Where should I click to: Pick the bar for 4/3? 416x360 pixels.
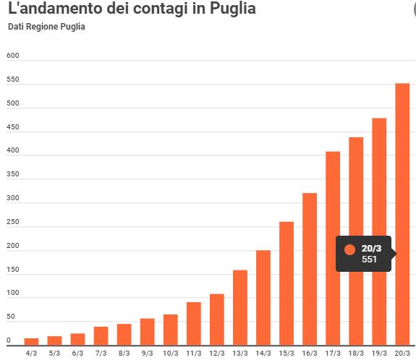pos(32,341)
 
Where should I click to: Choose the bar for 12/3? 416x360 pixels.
pos(217,319)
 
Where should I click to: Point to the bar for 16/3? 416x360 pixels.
pos(310,268)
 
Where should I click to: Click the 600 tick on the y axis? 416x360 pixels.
pos(12,56)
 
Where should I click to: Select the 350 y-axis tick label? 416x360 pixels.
pos(12,178)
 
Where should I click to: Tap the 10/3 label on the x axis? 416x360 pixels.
pos(171,353)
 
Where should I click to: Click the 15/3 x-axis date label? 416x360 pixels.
pos(286,353)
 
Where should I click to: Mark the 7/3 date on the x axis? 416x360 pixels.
pos(101,353)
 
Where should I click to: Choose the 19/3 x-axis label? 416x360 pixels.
pos(379,353)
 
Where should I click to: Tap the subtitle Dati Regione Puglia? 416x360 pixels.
pos(46,27)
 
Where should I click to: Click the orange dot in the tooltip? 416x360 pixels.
pos(350,250)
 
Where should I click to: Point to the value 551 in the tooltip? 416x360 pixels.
pos(369,260)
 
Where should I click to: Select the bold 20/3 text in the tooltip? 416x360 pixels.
pos(371,248)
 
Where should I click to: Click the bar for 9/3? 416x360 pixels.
pos(148,332)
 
